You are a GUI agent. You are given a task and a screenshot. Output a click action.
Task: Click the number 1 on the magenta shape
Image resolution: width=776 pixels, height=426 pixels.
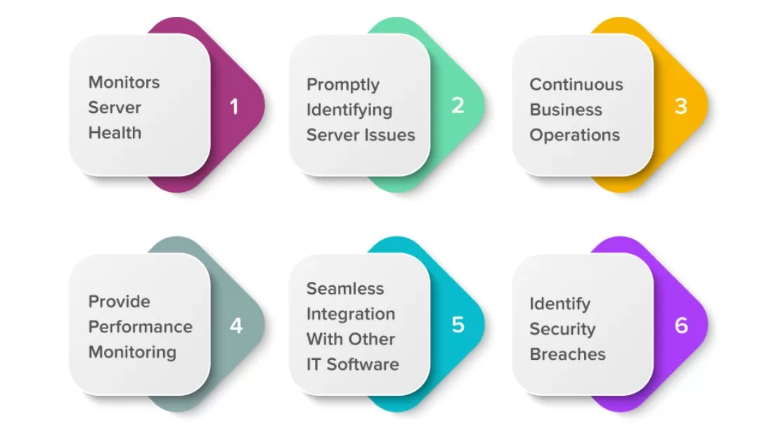point(234,107)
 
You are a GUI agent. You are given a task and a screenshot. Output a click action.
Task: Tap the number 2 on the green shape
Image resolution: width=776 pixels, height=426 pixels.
point(458,105)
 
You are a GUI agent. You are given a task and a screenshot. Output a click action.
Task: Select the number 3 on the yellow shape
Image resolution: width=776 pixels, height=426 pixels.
point(680,106)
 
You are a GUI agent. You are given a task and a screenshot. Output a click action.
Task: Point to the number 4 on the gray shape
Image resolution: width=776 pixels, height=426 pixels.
point(236,326)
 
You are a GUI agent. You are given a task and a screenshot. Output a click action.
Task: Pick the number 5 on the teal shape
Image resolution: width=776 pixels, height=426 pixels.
point(458,325)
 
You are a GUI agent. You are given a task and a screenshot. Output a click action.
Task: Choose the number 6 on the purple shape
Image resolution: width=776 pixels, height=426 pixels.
point(681,325)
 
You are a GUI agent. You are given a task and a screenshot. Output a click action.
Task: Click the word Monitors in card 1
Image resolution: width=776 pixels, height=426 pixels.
point(124,82)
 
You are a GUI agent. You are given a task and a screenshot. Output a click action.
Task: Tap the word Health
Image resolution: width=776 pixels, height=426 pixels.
point(115,133)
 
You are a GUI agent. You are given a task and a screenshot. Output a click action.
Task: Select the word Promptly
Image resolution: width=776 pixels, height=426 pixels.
point(343,85)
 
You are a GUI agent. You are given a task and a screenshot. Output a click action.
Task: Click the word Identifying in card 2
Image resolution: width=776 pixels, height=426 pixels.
point(349,110)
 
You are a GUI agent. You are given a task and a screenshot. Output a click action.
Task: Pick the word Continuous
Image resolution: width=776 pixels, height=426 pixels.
point(576,84)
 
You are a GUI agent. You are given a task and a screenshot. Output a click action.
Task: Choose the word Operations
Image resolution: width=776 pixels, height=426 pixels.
point(574,135)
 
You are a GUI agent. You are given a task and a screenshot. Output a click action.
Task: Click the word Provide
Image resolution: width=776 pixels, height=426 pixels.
point(119,302)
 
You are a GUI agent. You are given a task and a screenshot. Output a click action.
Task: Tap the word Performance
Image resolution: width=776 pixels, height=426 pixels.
point(140,327)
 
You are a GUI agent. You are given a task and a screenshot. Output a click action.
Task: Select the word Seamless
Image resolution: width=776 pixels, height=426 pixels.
point(345,289)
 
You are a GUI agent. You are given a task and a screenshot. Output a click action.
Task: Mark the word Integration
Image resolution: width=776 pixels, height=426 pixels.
point(350,314)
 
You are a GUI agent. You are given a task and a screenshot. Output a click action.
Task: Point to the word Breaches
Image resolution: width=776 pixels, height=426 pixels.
point(567,354)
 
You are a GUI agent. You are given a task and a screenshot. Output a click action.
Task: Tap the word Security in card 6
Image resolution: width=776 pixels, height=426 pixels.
point(562,329)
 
